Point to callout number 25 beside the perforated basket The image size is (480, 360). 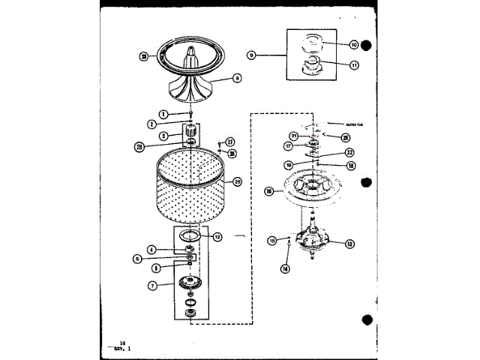coord(238,181)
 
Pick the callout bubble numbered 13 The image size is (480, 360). coord(350,243)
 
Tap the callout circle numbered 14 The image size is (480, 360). coord(285,268)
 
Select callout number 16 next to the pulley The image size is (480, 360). coord(269,191)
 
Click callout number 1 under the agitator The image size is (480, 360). coord(152,114)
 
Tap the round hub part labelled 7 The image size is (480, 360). coord(190,282)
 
